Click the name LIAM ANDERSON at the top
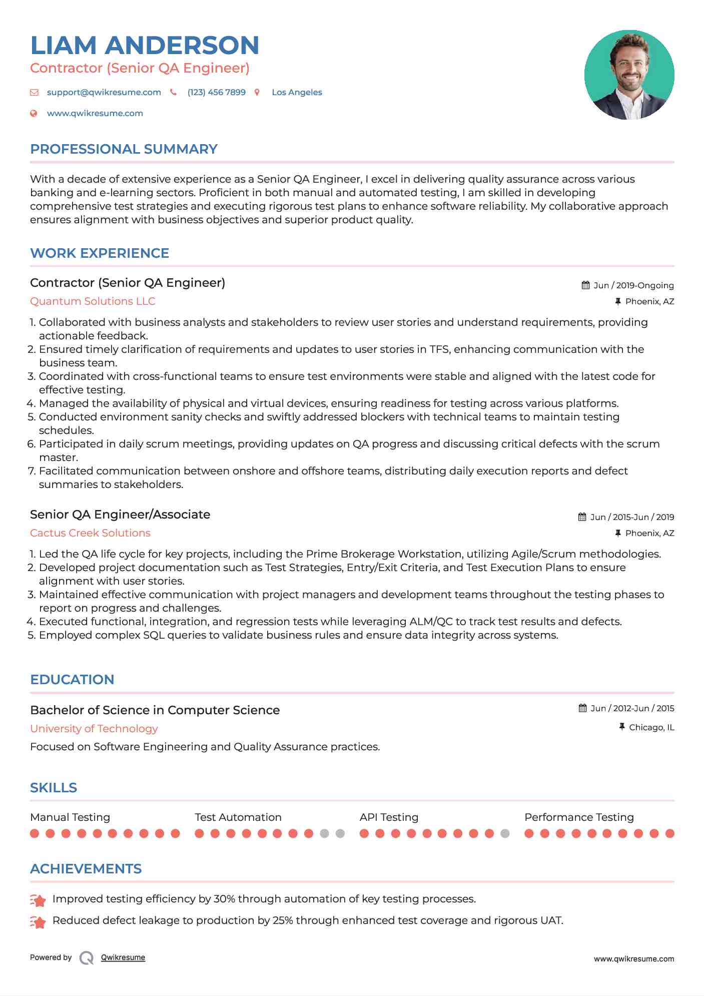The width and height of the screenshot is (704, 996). point(145,45)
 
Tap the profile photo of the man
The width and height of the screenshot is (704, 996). point(629,75)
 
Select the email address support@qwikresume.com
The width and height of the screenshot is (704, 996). point(104,92)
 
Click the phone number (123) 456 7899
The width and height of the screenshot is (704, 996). point(216,92)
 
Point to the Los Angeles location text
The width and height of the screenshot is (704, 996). point(297,92)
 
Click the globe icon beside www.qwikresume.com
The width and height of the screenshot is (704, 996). point(34,113)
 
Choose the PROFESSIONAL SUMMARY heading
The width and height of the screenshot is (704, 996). point(124,149)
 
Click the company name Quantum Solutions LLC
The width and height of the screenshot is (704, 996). point(93,301)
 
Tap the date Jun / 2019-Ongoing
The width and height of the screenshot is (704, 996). point(633,285)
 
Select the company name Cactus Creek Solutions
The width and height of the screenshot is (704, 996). point(90,533)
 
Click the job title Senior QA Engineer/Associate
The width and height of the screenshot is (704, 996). point(120,515)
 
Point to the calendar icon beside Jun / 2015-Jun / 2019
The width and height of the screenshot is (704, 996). point(582,517)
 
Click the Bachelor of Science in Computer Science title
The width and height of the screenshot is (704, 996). point(155,710)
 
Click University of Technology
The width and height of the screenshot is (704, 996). point(94,729)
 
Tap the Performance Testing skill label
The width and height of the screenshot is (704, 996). point(579,817)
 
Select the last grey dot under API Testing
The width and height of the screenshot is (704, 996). point(505,833)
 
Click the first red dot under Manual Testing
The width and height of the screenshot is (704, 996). point(35,833)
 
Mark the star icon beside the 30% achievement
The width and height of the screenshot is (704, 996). point(38,900)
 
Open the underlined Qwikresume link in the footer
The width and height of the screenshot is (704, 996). point(123,957)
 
